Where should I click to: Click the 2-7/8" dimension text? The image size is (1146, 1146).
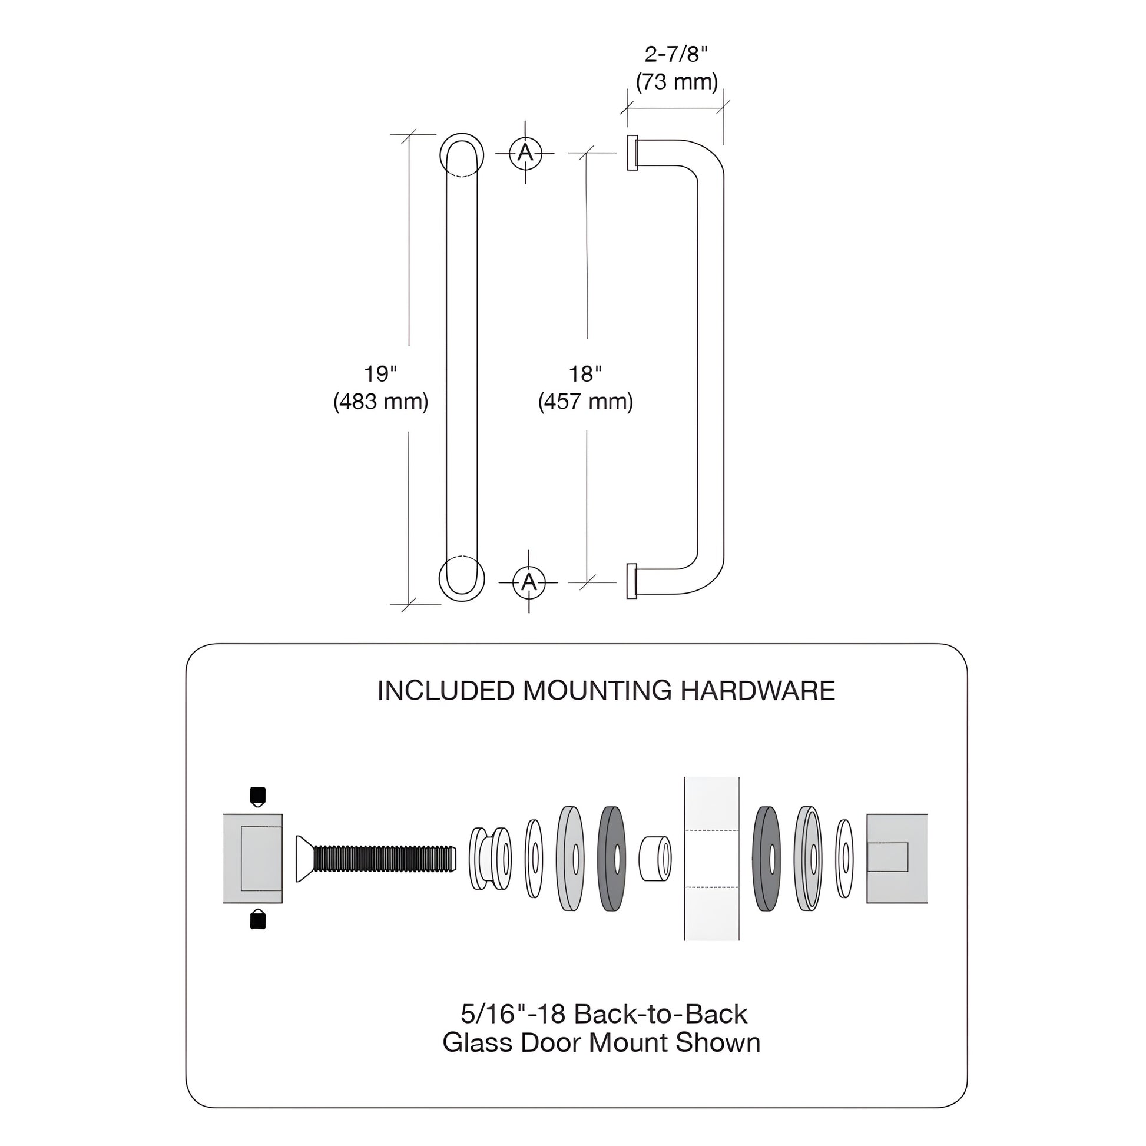675,55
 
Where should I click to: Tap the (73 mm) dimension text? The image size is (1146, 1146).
676,81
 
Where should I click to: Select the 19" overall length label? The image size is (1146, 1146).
380,374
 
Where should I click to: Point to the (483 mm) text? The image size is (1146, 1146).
380,402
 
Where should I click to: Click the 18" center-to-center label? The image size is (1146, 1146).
585,374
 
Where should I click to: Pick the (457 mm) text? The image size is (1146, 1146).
585,402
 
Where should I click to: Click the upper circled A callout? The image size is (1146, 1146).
525,153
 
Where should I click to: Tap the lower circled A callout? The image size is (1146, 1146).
528,582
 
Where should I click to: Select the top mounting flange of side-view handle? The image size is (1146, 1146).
632,153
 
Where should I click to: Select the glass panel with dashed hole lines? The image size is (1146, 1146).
712,858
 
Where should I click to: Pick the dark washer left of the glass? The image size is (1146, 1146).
611,858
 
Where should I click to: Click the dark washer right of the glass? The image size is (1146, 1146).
766,858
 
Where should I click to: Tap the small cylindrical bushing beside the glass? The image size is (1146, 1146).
655,858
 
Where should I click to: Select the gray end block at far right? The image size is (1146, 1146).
896,858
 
